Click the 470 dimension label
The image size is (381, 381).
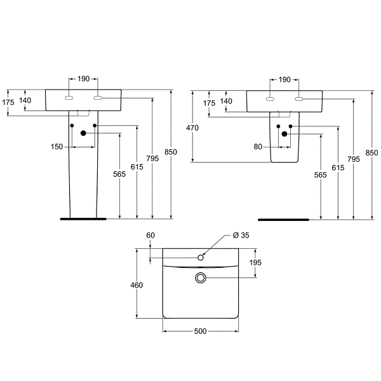192,128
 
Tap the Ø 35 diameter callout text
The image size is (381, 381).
241,235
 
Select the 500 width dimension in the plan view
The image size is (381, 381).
200,331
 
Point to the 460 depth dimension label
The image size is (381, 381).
137,285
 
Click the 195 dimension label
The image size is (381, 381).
255,262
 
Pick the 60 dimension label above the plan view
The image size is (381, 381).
150,235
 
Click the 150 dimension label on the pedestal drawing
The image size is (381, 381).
57,147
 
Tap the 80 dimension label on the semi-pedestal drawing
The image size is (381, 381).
258,147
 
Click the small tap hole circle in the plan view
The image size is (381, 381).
201,258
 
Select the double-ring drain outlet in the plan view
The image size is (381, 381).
201,277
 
